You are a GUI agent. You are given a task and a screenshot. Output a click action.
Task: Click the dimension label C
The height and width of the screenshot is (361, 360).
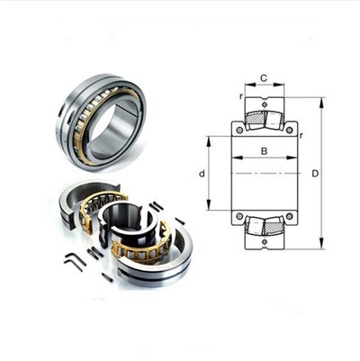[264, 78]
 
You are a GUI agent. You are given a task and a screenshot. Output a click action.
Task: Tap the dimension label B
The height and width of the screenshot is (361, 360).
[264, 151]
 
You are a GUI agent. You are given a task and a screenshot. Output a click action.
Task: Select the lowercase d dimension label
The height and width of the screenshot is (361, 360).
[202, 174]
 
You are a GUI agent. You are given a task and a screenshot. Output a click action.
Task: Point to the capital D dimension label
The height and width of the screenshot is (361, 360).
[315, 174]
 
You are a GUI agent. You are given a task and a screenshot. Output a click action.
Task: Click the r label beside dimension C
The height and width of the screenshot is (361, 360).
[240, 96]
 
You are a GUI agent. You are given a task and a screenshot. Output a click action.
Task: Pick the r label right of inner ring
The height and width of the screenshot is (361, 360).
[301, 135]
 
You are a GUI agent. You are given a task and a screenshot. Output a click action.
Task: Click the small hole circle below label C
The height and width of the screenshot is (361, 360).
[265, 104]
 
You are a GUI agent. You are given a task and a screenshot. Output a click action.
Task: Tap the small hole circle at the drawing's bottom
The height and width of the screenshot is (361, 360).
[265, 242]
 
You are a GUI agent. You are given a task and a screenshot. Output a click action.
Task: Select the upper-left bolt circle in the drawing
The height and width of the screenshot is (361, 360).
[239, 130]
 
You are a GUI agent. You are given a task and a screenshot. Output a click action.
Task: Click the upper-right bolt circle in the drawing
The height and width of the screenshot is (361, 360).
[289, 130]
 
